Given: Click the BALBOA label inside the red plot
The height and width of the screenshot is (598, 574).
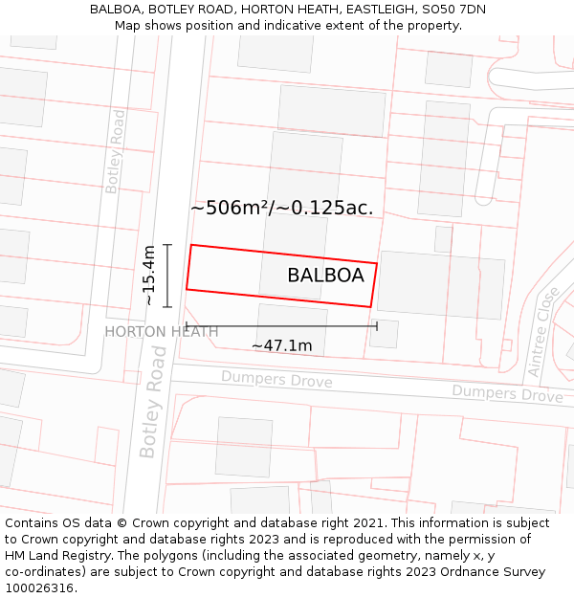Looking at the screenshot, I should pyautogui.click(x=325, y=276).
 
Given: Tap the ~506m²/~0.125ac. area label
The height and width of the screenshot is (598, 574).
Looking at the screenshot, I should pyautogui.click(x=281, y=208).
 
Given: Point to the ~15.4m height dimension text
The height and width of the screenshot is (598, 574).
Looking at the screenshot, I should pyautogui.click(x=149, y=276).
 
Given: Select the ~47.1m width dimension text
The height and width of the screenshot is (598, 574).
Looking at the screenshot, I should pyautogui.click(x=281, y=345).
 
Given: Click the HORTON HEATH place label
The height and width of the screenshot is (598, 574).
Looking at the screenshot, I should pyautogui.click(x=161, y=332).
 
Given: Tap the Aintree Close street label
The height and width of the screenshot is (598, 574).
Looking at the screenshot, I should pyautogui.click(x=541, y=331).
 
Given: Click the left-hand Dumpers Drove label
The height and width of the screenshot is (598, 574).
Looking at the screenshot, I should pyautogui.click(x=276, y=381).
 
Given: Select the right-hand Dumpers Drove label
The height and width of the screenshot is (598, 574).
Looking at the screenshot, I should pyautogui.click(x=507, y=393).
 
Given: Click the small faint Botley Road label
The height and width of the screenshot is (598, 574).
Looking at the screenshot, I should pyautogui.click(x=115, y=152).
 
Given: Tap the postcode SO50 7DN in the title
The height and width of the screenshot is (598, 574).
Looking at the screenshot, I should pyautogui.click(x=453, y=9).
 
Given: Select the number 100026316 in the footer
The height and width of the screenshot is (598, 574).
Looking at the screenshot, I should pyautogui.click(x=41, y=587).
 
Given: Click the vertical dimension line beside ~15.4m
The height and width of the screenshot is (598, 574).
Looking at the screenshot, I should pyautogui.click(x=167, y=276).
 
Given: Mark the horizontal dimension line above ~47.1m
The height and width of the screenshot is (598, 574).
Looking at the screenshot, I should pyautogui.click(x=281, y=326).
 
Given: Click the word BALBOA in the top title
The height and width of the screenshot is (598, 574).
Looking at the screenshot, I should pyautogui.click(x=115, y=9).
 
